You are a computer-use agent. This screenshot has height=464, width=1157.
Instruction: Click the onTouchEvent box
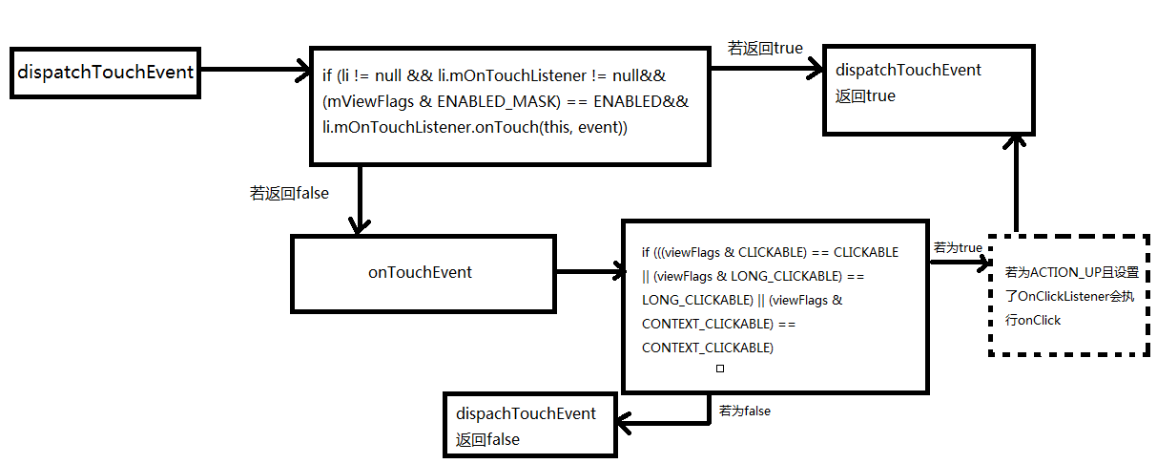420,273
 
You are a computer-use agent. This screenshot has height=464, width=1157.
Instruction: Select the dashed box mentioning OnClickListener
1068,295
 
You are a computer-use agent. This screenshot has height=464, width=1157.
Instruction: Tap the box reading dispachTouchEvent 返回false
530,426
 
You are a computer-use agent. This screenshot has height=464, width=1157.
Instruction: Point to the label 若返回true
765,48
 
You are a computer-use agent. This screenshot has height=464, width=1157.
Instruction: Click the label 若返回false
289,193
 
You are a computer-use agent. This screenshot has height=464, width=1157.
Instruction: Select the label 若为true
958,247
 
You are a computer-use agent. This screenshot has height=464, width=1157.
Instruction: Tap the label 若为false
744,411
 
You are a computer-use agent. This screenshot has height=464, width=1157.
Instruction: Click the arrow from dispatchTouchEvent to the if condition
254,70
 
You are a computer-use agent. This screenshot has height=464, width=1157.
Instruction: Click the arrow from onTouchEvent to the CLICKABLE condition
588,273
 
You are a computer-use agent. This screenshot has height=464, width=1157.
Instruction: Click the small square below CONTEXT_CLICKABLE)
720,369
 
